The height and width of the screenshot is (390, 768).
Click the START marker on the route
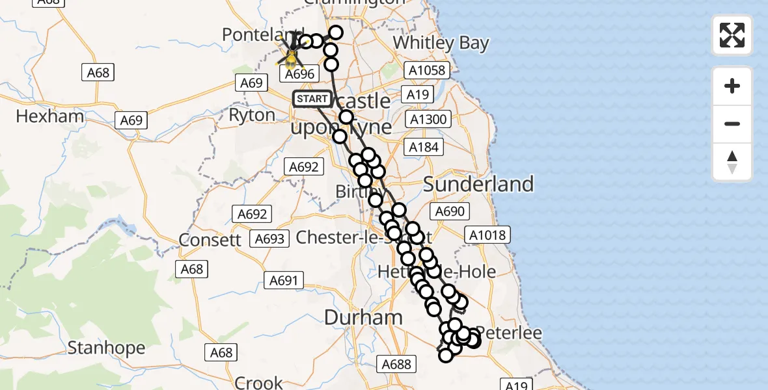click(x=312, y=99)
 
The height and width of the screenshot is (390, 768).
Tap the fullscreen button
click(x=732, y=35)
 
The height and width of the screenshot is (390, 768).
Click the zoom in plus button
click(x=732, y=86)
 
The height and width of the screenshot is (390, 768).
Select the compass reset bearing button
click(x=732, y=162)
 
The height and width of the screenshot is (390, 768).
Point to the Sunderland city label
click(x=478, y=184)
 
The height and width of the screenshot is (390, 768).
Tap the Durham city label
click(x=363, y=318)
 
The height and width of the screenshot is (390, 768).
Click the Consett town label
click(x=210, y=239)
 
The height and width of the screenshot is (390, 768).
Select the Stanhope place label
click(x=106, y=348)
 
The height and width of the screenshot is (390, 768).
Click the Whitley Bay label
click(x=441, y=43)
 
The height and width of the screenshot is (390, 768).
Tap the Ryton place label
click(x=252, y=115)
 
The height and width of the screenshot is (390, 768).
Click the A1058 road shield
click(x=426, y=70)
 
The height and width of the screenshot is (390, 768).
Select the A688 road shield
click(x=396, y=364)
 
